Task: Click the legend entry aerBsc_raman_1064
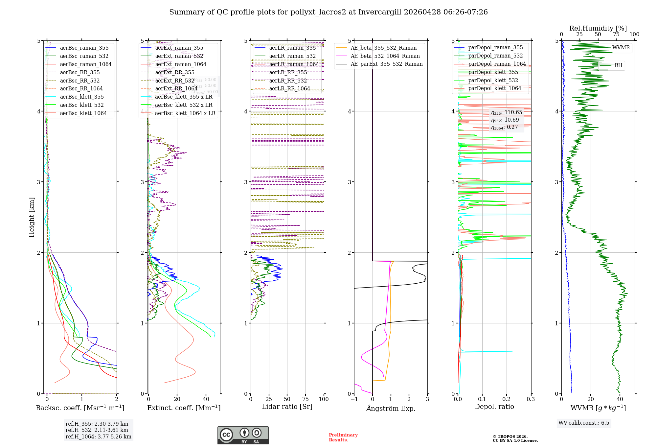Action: coord(86,64)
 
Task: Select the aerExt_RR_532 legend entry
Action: coord(174,81)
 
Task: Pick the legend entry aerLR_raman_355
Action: coord(292,48)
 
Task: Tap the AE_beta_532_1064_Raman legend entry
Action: coord(385,56)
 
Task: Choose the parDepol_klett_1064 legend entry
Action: coord(495,88)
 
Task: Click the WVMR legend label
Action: coord(621,48)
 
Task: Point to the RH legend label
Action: coord(618,65)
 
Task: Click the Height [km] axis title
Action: coord(32,217)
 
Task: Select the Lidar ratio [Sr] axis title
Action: coord(287,407)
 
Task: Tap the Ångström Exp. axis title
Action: coord(391,409)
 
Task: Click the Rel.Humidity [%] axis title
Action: coord(598,28)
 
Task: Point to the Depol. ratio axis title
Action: coord(494,407)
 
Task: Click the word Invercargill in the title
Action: coord(380,12)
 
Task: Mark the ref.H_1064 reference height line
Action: coord(99,437)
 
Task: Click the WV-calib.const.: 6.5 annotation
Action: coord(584,423)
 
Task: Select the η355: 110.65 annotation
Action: coord(507,112)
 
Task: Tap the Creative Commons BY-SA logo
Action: coord(243,435)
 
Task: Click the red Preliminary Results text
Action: coord(343,437)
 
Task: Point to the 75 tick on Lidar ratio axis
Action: coord(306,399)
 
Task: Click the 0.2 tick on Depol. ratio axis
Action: coord(507,399)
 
